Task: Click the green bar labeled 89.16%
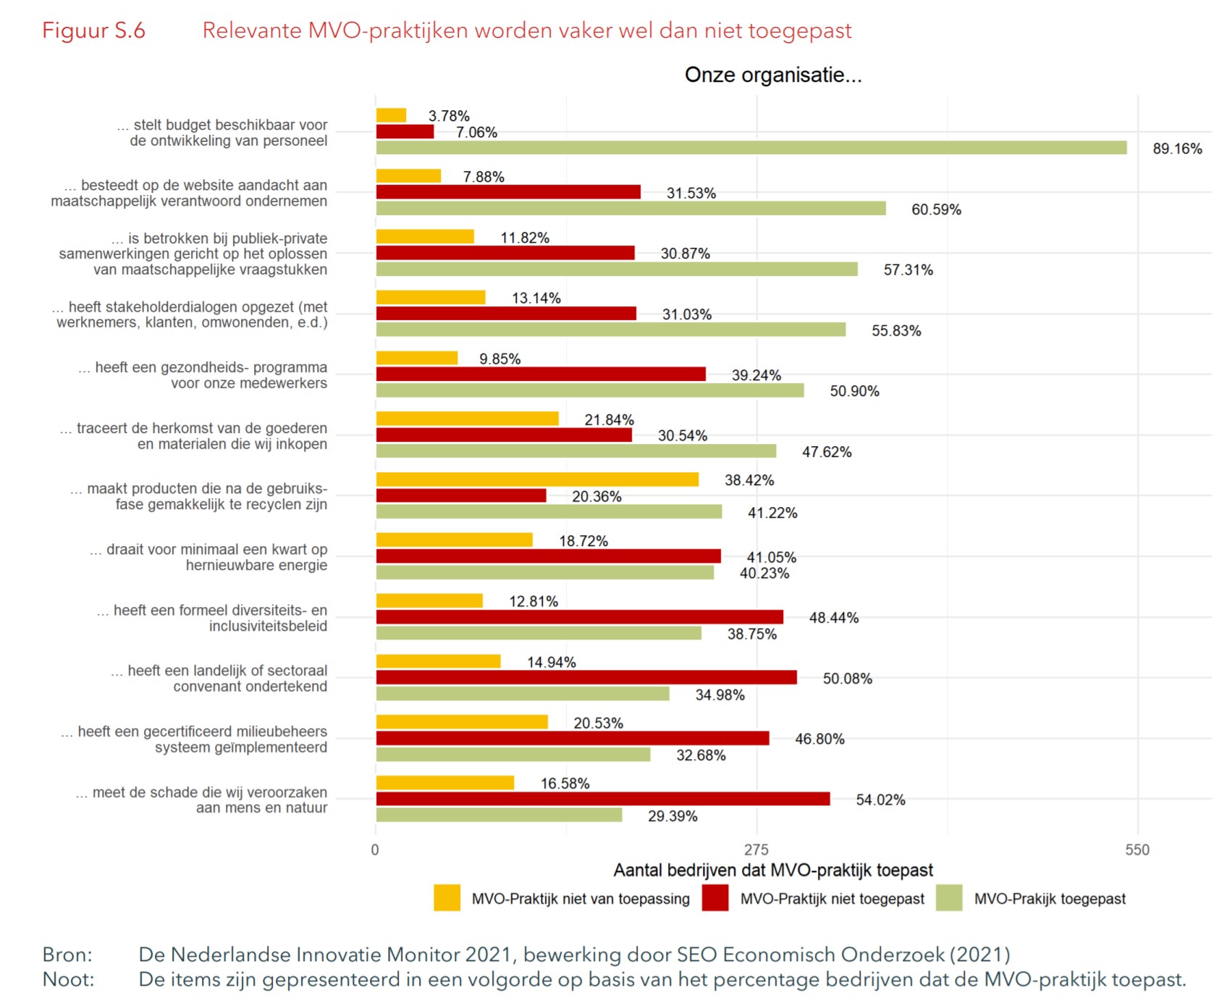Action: pos(751,148)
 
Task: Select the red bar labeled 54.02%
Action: pos(603,799)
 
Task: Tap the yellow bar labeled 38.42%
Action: pos(537,479)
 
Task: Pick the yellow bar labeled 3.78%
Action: pos(391,115)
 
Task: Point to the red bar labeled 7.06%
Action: pos(405,132)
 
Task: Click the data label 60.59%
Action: pos(936,210)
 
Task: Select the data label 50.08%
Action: pos(847,679)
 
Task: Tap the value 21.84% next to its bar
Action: pos(609,420)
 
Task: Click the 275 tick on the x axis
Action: pos(756,850)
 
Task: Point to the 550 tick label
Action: pos(1137,850)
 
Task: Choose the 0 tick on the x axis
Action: pos(375,850)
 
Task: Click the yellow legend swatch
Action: pos(447,898)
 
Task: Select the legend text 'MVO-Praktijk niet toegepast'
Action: pos(832,899)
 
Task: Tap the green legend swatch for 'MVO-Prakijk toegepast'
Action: pos(949,898)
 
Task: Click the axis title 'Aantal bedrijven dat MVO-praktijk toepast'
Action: pos(773,870)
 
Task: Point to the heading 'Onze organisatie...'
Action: pos(773,75)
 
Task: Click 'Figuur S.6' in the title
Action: pos(93,30)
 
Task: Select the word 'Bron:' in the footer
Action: pos(67,955)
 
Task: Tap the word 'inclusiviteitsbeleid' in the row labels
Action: pos(268,626)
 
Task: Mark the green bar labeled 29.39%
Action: pos(499,815)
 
